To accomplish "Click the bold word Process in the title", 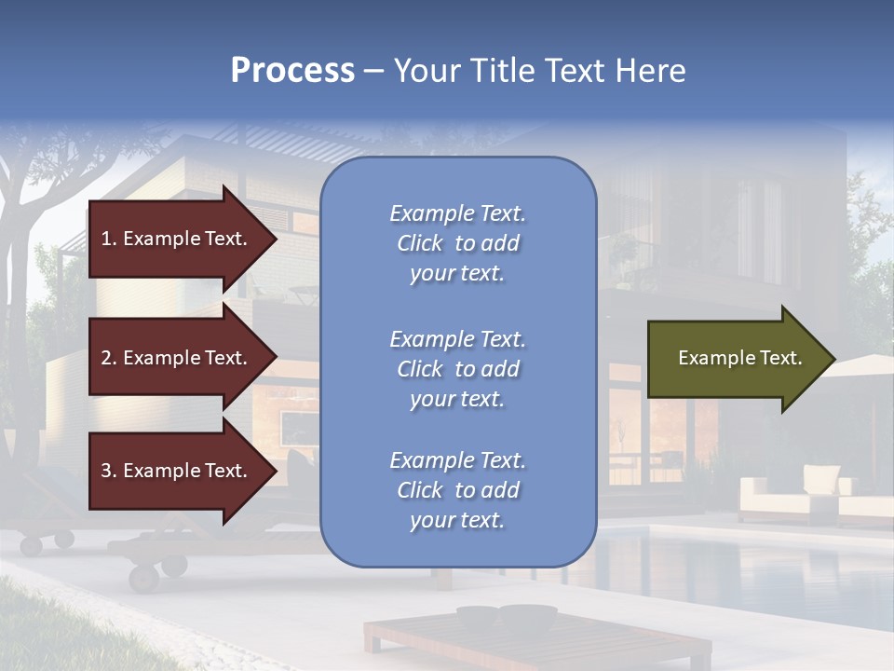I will click(292, 71).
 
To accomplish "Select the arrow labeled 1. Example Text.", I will click(177, 239).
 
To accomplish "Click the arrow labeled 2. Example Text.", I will click(177, 358).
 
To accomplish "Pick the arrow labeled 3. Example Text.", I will click(177, 471).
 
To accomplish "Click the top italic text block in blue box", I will click(457, 243).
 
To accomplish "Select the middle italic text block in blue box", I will click(457, 369).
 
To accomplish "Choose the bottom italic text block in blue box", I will click(457, 490).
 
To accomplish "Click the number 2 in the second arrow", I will click(106, 358).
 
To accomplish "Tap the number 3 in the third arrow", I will click(106, 471).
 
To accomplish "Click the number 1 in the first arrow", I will click(106, 239).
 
